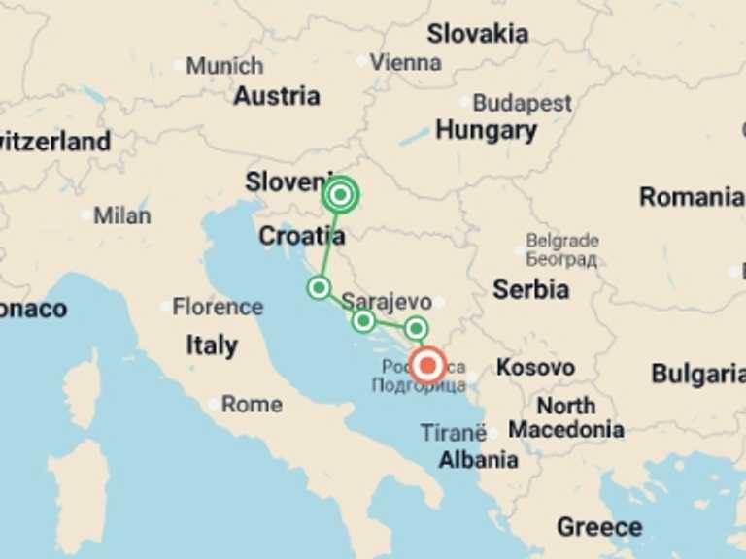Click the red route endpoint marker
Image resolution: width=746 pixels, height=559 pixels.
click(x=427, y=366)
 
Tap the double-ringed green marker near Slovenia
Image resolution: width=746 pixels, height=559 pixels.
click(x=340, y=195)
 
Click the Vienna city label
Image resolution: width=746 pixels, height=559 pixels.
click(x=405, y=62)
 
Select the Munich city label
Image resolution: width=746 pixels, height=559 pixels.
click(x=224, y=66)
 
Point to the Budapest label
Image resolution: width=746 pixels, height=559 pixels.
click(x=522, y=103)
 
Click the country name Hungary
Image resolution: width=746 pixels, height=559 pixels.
click(x=486, y=130)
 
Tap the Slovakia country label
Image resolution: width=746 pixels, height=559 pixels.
click(x=478, y=34)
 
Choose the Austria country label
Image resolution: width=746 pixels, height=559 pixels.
click(x=277, y=96)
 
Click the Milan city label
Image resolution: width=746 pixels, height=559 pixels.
click(x=121, y=215)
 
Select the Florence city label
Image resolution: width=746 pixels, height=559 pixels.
click(x=218, y=307)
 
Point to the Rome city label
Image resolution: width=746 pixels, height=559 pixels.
click(x=252, y=404)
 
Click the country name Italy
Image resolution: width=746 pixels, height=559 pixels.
click(x=212, y=345)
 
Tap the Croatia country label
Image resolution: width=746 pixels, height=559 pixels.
click(x=301, y=236)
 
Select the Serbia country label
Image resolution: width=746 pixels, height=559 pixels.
click(x=530, y=288)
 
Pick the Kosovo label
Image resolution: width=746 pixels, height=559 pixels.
click(x=535, y=368)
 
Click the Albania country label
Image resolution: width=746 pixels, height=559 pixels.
click(x=478, y=460)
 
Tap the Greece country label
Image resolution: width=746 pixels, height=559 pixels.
click(x=598, y=527)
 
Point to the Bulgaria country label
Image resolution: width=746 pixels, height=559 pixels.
click(x=697, y=374)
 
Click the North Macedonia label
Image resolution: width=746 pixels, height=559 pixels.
click(x=566, y=417)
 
